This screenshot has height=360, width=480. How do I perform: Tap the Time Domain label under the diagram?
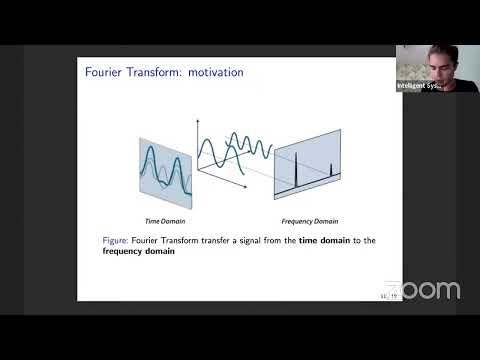[x=164, y=219]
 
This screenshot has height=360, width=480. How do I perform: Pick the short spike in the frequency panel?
[x=330, y=168]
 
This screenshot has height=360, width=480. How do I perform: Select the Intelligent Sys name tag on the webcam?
[x=419, y=86]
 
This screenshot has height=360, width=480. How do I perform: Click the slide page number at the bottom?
[x=390, y=296]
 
